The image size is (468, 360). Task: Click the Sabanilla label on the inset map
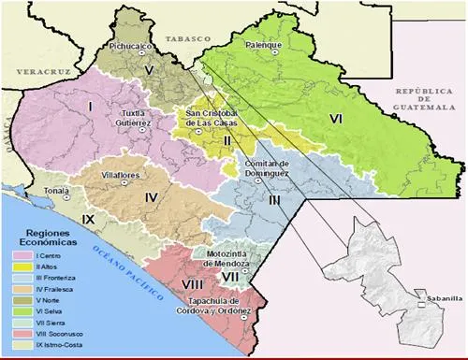coord(438,298)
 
